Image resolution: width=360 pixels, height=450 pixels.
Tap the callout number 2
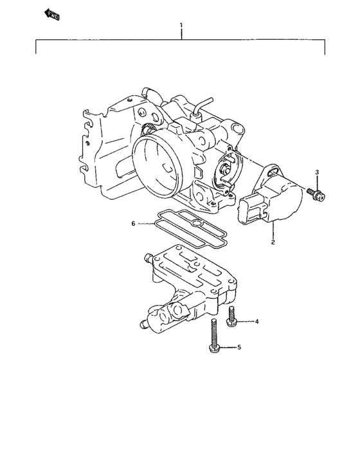click(273, 242)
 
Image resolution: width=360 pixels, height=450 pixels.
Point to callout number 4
click(256, 321)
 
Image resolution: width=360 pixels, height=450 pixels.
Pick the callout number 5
click(239, 347)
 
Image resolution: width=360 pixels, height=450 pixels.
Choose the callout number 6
click(134, 224)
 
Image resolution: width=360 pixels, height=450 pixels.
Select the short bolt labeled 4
click(231, 315)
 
